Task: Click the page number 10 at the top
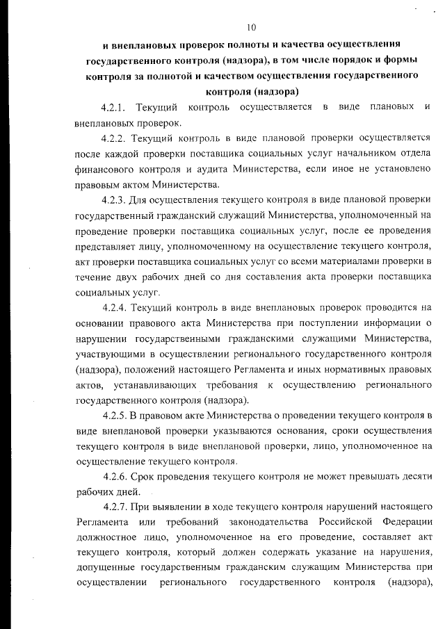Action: [251, 28]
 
